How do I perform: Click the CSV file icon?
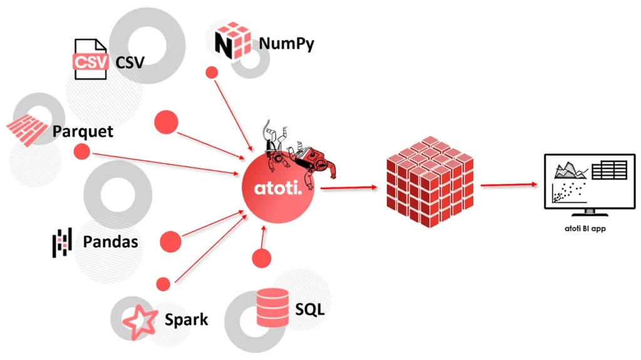point(91,59)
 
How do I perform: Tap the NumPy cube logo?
point(233,41)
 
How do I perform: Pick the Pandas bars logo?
point(62,242)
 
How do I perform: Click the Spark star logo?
point(140,322)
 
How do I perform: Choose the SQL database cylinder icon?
point(272,307)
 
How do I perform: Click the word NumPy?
point(287,43)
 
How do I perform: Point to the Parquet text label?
point(83,131)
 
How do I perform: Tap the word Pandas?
point(110,242)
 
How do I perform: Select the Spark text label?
point(187,319)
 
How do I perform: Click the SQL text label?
point(310,309)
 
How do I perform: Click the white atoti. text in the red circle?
point(278,188)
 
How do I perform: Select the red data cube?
point(430,182)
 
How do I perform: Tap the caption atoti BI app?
point(585,229)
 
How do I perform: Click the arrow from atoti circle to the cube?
point(349,188)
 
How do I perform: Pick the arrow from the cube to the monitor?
point(509,185)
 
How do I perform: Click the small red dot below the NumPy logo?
point(212,73)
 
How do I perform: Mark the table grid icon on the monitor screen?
point(610,170)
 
